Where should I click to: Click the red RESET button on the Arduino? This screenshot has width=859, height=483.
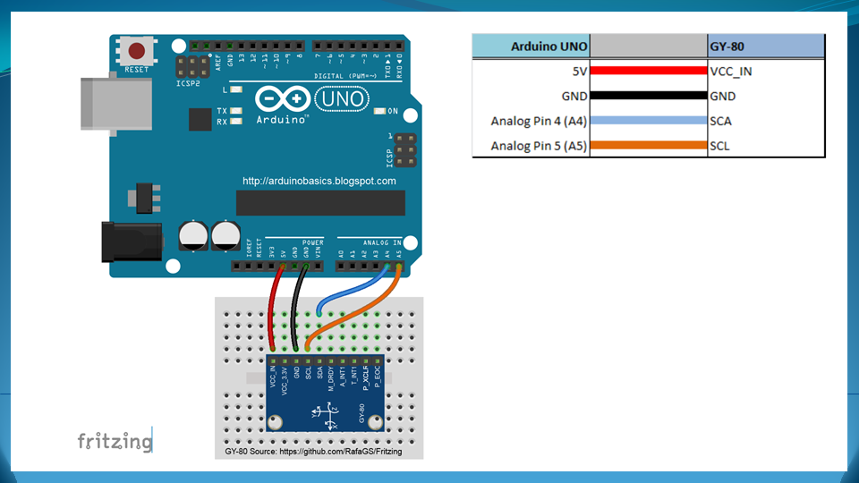137,51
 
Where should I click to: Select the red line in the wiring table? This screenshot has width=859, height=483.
649,71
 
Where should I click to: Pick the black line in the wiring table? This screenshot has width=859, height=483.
649,96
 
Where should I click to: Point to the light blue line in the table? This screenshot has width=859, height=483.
649,121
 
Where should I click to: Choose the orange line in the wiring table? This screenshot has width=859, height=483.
649,145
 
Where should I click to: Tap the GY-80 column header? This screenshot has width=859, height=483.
726,46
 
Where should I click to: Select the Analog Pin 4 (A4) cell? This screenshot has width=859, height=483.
539,121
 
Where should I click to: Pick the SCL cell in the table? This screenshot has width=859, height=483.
720,145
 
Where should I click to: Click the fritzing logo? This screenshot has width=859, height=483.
114,441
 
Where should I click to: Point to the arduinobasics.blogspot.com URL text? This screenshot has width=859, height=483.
319,181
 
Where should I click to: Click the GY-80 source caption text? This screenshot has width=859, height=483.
314,452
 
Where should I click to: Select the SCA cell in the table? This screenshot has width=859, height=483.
721,121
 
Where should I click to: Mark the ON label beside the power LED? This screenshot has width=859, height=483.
392,111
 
